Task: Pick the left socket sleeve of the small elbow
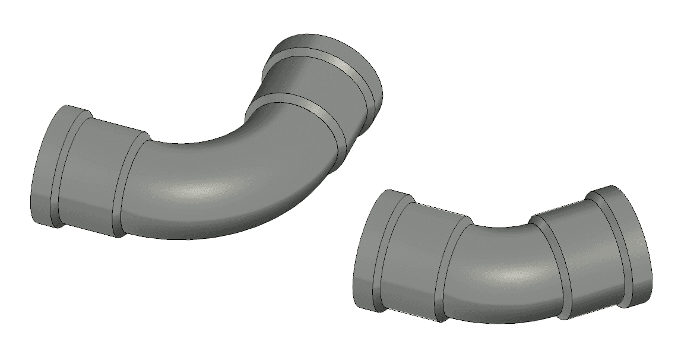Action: click(x=416, y=258)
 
